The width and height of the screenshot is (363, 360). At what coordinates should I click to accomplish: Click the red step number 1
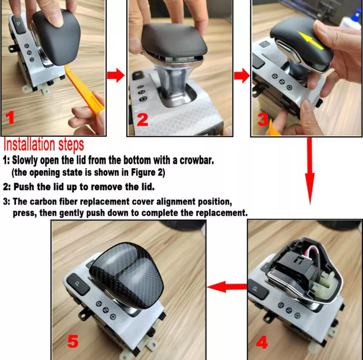pos(10,117)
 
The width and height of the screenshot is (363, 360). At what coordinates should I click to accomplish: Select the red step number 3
pos(263,119)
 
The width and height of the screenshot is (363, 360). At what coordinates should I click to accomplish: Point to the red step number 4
pos(262,342)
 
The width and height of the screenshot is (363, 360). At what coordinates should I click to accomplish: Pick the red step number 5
pos(73,341)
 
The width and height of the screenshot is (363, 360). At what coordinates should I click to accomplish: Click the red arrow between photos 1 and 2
pos(116,75)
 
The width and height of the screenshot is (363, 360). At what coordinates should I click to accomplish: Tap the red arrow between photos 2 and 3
pos(242,76)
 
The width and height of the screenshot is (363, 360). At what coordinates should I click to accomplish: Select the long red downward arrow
pos(309,171)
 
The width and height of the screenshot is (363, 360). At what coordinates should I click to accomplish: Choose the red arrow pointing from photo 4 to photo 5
pos(227,287)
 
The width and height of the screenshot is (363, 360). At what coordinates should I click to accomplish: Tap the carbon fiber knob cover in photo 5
pos(127,275)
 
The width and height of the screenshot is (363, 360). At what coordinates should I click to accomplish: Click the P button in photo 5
pos(78,284)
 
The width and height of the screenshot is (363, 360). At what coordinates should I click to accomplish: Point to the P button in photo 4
pos(257,289)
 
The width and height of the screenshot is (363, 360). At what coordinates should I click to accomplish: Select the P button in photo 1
pos(19,24)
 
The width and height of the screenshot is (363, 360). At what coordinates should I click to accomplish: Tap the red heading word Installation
pos(29,145)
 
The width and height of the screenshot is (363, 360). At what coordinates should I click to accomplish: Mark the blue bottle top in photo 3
pos(355,13)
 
